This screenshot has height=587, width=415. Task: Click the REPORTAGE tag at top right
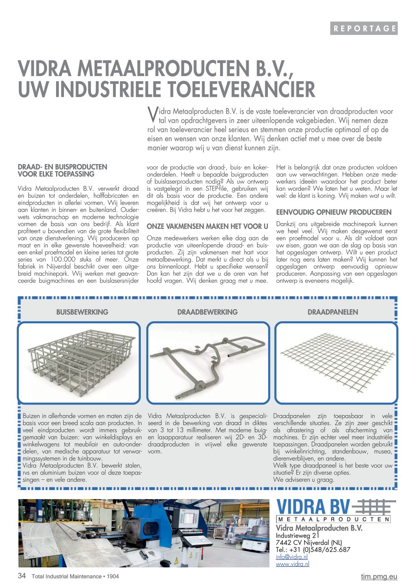364,28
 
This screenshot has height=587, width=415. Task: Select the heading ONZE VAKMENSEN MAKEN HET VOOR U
207,226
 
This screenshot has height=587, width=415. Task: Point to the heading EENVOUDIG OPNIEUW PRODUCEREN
333,212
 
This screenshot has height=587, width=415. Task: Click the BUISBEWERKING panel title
82,312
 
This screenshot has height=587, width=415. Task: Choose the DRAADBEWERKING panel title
207,312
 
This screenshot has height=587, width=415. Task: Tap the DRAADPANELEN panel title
333,312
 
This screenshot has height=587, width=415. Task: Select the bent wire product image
208,363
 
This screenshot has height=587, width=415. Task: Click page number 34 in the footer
22,576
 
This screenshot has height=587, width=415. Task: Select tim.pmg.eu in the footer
379,576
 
